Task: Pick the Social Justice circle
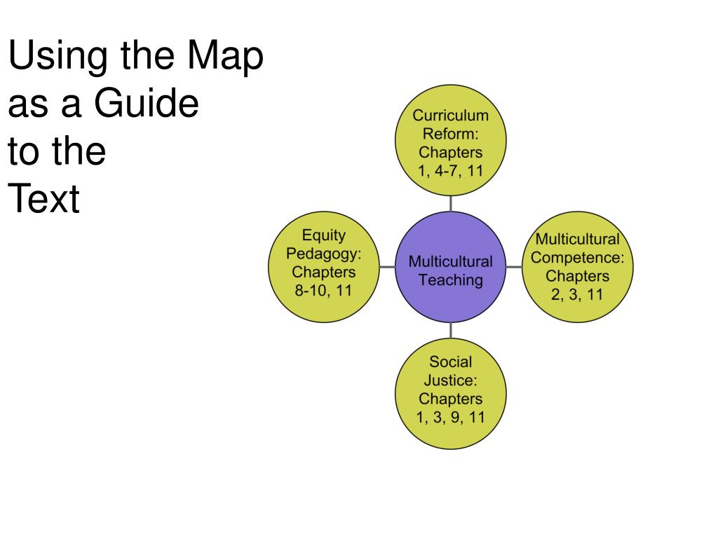(450, 392)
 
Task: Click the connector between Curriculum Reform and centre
(450, 203)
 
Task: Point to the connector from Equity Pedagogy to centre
(387, 267)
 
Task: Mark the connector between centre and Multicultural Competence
(513, 267)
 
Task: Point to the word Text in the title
(43, 200)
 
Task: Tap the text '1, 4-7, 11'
(450, 170)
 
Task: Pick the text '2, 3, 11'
(576, 294)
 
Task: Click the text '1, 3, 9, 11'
(450, 418)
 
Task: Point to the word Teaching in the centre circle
(450, 280)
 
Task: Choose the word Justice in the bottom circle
(450, 381)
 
